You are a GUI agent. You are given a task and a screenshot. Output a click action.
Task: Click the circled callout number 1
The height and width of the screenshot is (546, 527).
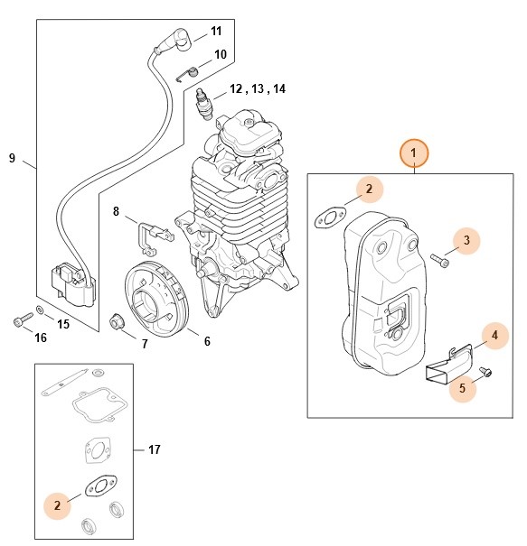[x=414, y=153]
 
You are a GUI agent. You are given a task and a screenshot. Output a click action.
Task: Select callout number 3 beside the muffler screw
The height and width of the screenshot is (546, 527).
[x=466, y=240]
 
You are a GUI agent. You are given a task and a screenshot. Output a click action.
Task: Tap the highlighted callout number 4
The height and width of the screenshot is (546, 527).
[x=494, y=336]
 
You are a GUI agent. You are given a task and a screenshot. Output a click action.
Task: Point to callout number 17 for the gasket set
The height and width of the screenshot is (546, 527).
[x=154, y=448]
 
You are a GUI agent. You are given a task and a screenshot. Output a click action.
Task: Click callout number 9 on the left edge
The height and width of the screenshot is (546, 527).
[x=13, y=159]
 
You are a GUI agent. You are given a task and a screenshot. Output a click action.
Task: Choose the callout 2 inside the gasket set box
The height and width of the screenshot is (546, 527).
[x=57, y=506]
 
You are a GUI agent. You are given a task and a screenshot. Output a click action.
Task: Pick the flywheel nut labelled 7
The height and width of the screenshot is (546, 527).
[x=118, y=320]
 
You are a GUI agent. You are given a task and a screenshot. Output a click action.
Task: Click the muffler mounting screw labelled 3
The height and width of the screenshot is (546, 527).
[x=439, y=260]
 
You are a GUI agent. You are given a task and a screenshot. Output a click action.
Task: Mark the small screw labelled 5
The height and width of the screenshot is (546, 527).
[x=486, y=369]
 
